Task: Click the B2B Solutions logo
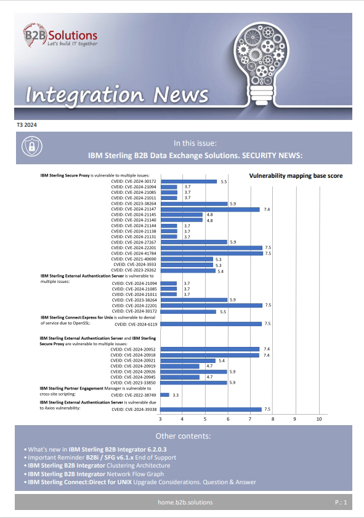(60, 35)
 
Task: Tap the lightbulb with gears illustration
(261, 63)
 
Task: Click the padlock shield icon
(32, 146)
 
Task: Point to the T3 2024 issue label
(26, 125)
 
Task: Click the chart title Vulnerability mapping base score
(296, 176)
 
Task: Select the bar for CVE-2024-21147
(210, 209)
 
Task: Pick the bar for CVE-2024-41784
(212, 253)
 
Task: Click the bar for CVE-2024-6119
(211, 324)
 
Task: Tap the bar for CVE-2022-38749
(164, 395)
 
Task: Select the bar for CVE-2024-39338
(211, 410)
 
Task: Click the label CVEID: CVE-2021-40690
(134, 259)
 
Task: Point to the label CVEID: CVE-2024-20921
(133, 361)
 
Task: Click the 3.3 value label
(176, 395)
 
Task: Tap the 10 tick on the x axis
(319, 419)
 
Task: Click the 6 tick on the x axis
(228, 419)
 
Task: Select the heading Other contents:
(183, 436)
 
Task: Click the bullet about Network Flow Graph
(94, 474)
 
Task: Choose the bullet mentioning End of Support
(100, 458)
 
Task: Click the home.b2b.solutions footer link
(185, 503)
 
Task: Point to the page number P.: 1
(341, 503)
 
